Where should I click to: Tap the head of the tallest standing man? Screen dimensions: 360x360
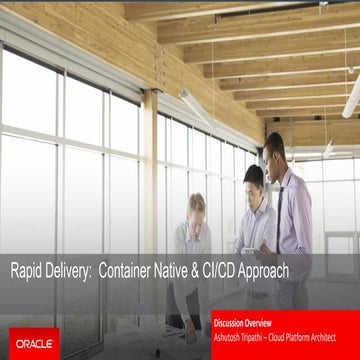click(273, 144)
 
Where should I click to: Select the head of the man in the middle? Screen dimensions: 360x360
click(253, 176)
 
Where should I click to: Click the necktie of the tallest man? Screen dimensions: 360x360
click(280, 200)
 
